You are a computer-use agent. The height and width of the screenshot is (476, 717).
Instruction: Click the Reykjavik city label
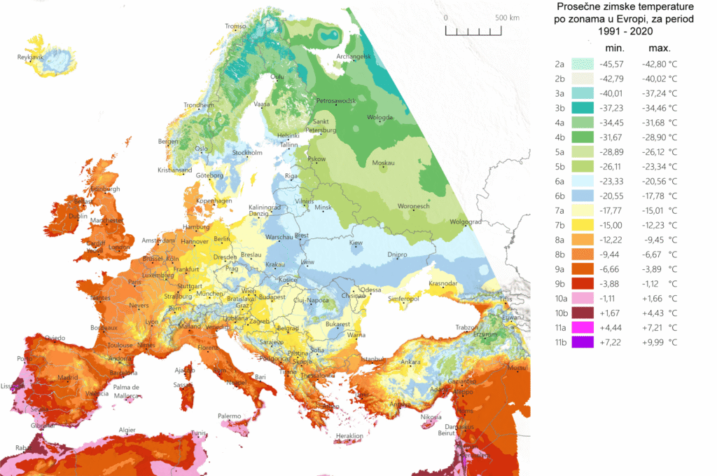click(x=31, y=56)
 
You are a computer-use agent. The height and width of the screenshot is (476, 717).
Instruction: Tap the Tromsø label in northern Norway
click(x=236, y=27)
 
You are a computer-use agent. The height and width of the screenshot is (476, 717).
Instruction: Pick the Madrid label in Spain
click(x=68, y=376)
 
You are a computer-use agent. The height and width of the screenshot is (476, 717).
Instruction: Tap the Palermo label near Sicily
click(x=228, y=416)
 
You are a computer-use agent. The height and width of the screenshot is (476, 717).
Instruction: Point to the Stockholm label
click(x=247, y=152)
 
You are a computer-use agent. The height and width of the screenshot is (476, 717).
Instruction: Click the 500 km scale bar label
click(x=506, y=17)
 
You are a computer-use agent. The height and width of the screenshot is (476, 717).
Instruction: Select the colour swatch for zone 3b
click(x=583, y=107)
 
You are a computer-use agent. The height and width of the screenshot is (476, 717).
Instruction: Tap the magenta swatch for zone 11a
click(x=583, y=327)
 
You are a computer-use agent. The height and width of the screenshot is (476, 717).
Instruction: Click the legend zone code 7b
click(x=560, y=225)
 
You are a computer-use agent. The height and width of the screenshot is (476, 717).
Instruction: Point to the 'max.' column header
click(x=659, y=48)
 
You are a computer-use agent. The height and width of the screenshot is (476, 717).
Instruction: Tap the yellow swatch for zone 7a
click(x=583, y=210)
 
